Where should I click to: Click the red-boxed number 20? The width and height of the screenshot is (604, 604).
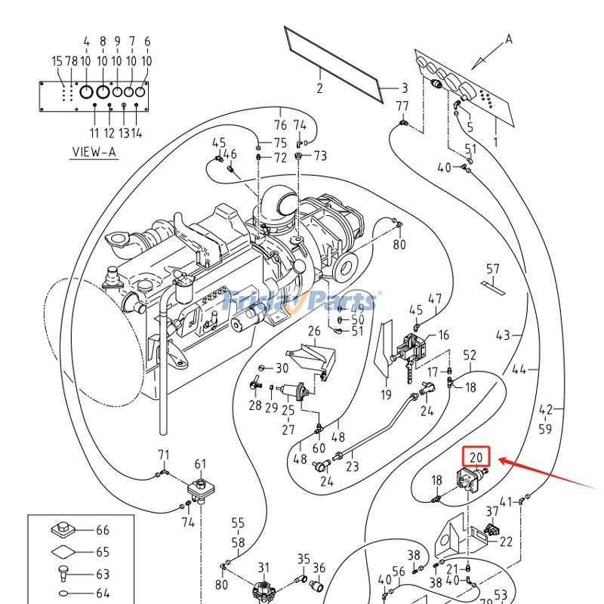(x=476, y=457)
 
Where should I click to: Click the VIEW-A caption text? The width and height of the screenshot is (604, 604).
(x=94, y=151)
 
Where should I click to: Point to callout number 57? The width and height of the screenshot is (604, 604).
(x=492, y=269)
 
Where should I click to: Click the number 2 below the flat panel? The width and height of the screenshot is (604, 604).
(x=319, y=88)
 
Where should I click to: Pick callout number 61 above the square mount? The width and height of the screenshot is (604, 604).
(x=200, y=464)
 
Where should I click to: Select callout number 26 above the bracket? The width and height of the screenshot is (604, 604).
(x=314, y=331)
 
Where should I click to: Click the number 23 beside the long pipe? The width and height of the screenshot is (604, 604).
(x=353, y=467)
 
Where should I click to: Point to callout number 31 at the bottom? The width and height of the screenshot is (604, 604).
(x=263, y=568)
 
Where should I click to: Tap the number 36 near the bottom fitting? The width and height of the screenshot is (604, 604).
(x=319, y=568)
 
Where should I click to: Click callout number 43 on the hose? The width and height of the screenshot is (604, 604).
(x=503, y=335)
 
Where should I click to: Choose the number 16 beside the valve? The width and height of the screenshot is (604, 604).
(x=443, y=334)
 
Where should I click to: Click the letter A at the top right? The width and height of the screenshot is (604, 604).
(x=509, y=39)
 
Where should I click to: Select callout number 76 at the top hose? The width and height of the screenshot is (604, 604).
(x=280, y=125)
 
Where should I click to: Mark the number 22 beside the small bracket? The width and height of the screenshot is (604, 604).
(x=506, y=541)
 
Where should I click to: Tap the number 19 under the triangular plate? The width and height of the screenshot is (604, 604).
(x=386, y=394)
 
